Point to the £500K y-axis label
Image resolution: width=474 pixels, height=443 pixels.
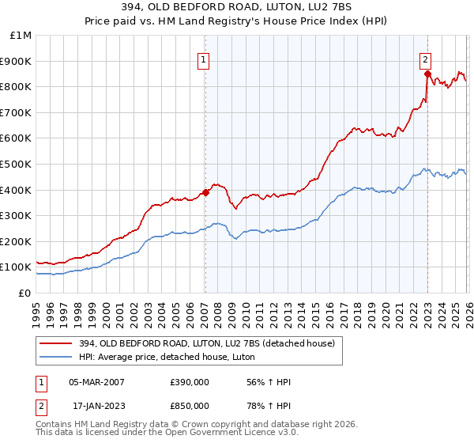[16, 164]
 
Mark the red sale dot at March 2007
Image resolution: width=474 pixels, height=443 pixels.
[205, 191]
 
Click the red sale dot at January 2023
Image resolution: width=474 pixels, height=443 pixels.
[427, 74]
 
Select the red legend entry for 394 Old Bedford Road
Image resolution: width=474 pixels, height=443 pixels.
[205, 343]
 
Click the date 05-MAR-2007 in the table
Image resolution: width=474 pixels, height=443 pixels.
[96, 382]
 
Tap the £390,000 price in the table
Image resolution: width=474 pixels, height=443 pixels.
[189, 382]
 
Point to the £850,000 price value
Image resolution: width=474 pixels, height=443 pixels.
[189, 406]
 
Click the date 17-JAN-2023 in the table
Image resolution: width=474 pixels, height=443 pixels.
[96, 406]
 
